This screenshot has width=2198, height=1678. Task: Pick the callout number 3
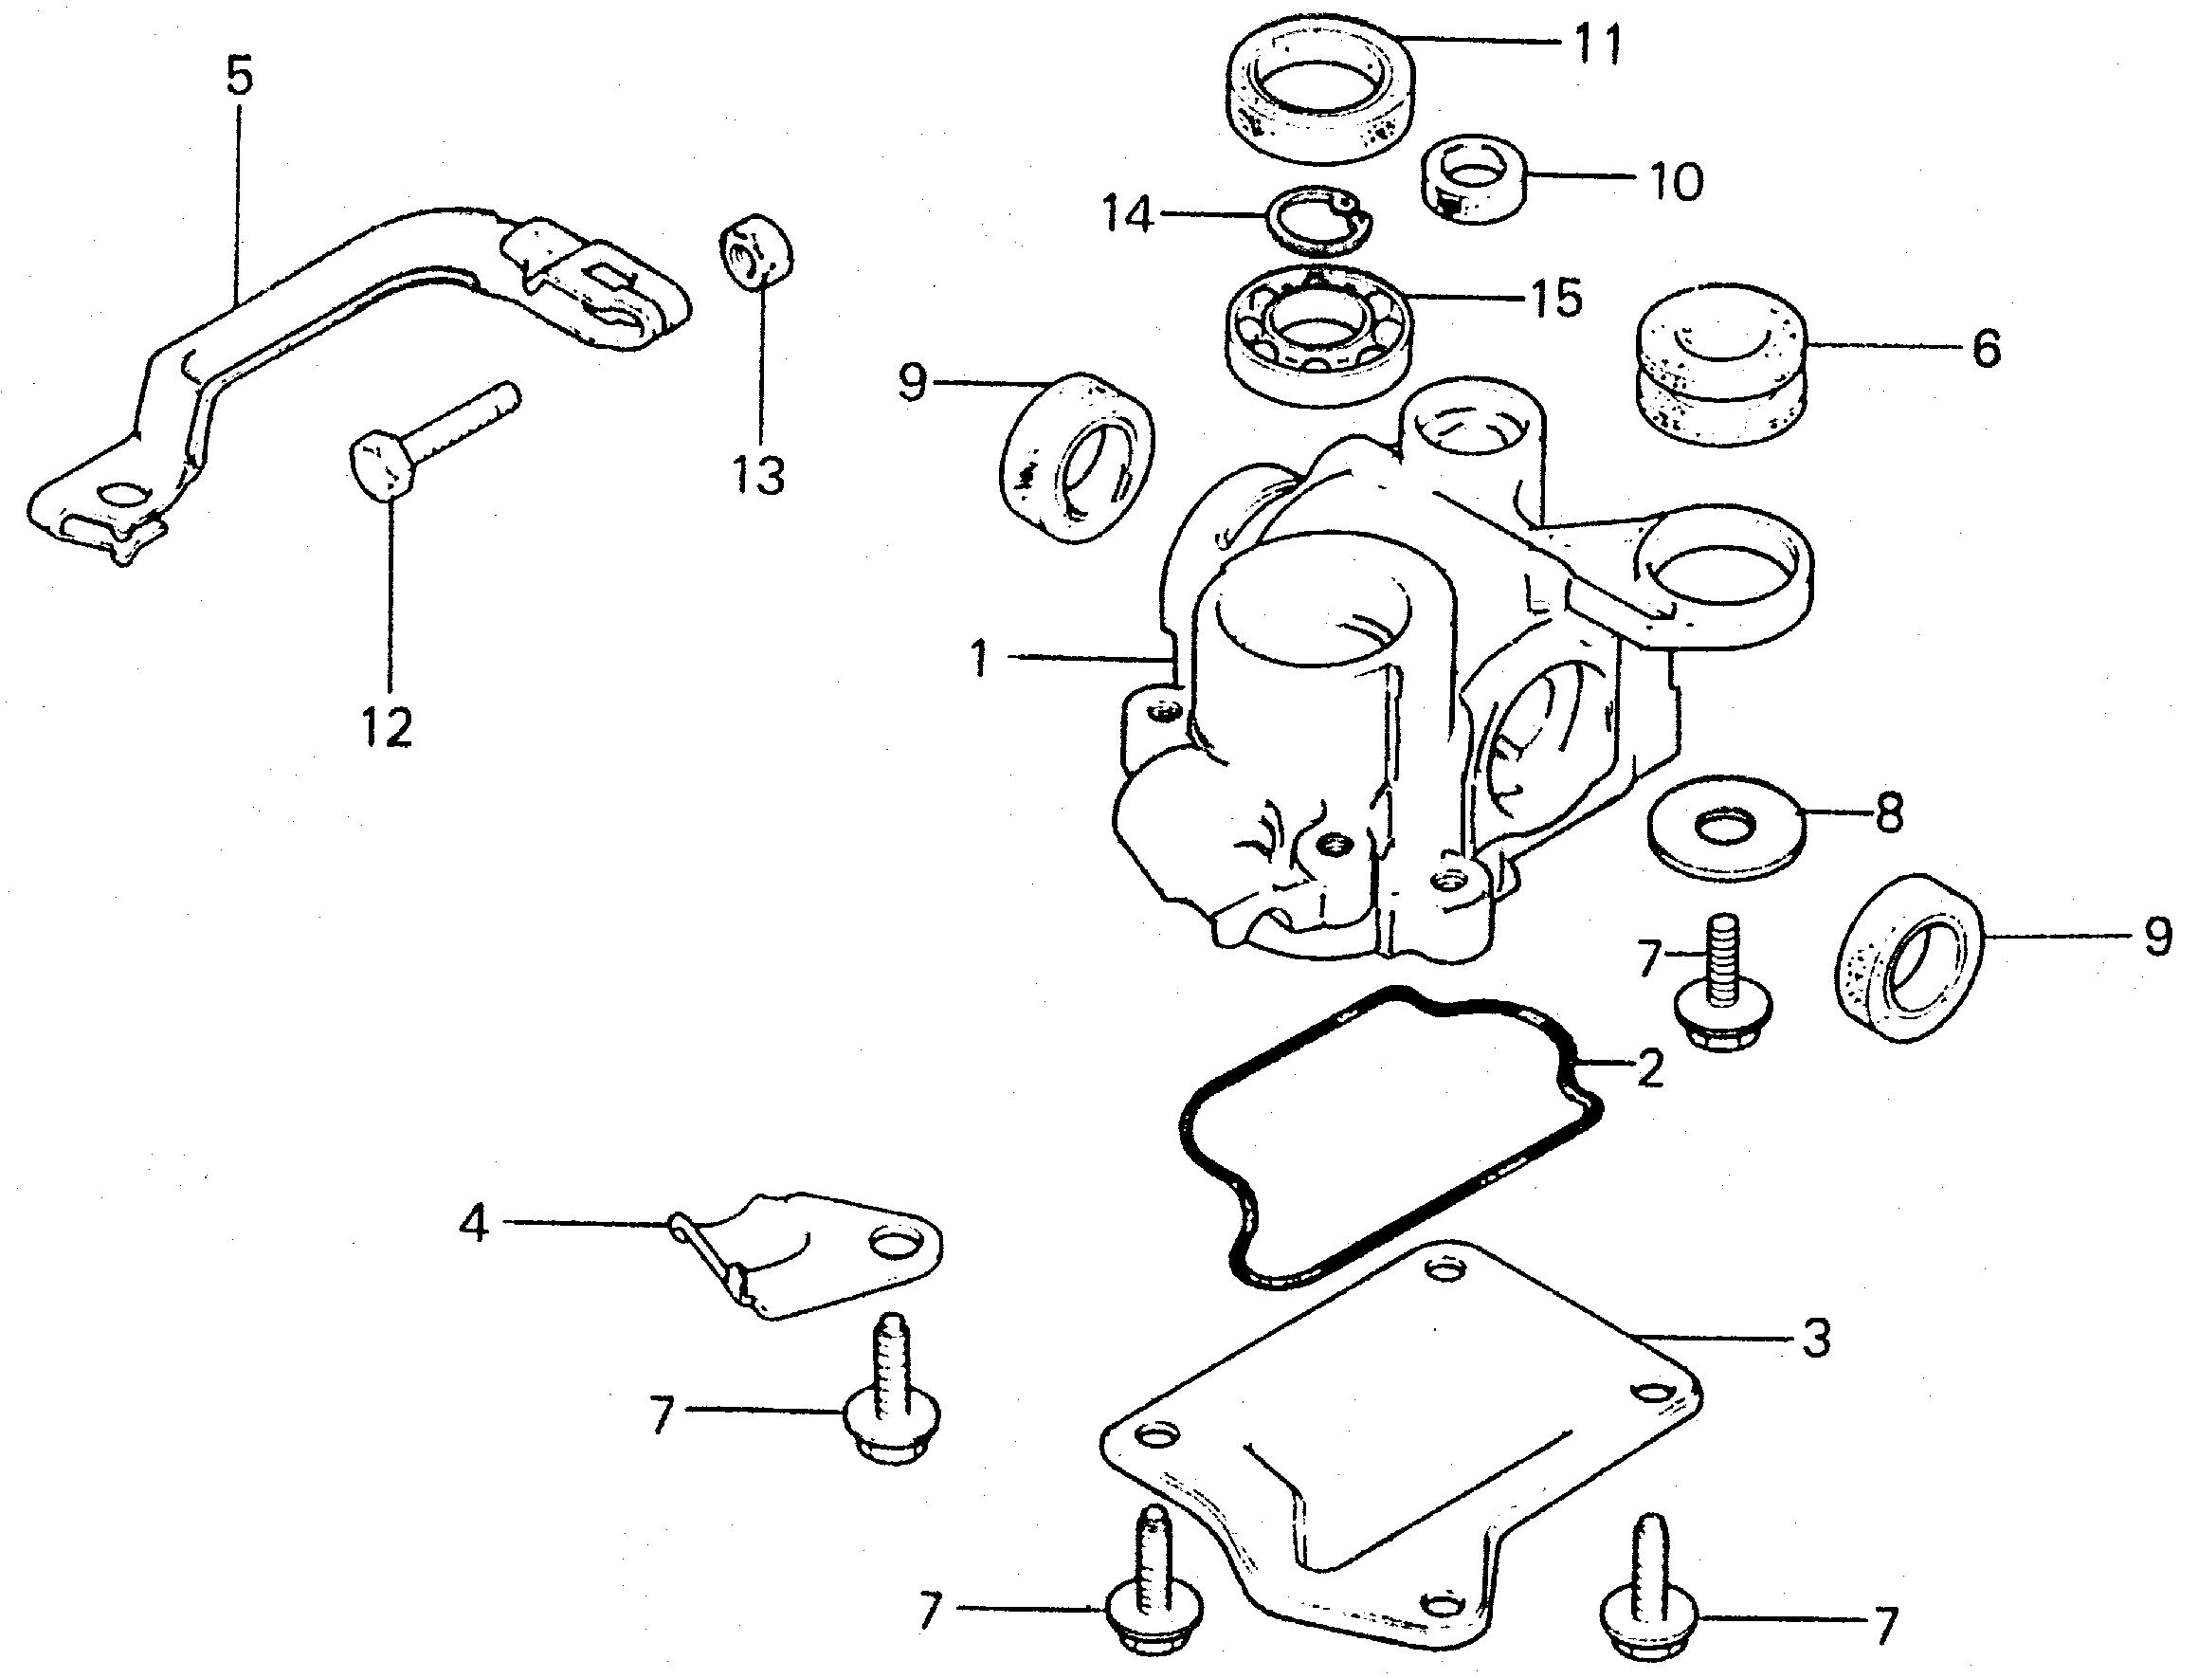coord(1815,1339)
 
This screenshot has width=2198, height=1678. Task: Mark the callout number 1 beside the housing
coord(980,660)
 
